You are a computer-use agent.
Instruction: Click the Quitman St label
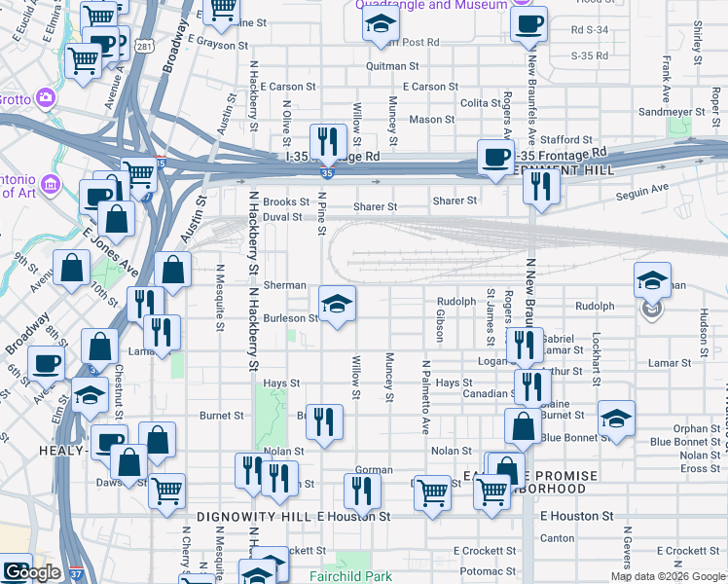coord(392,66)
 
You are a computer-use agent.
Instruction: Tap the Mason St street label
coord(425,120)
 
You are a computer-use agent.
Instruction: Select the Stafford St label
coord(567,140)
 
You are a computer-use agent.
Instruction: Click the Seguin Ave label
coord(643,188)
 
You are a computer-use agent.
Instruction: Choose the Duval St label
coord(282,217)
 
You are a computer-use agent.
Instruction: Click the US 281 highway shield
coord(145,46)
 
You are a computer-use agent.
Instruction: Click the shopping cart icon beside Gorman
coord(432,493)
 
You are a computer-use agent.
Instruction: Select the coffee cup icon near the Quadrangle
coord(528,24)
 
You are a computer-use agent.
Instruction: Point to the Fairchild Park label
coord(344,576)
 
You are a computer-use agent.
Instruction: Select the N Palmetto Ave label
coord(425,396)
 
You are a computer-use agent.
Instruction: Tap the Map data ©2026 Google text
coord(667,576)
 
